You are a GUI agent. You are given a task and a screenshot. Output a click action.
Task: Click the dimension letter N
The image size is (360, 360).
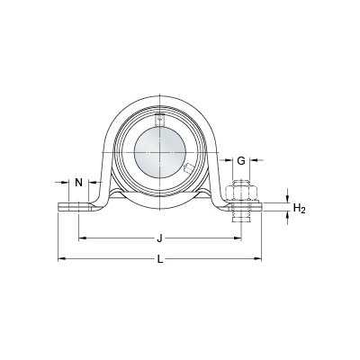coord(78,182)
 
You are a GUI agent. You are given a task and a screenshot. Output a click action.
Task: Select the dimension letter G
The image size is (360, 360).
coord(241,161)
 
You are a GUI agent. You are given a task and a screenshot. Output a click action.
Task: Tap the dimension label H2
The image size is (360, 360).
coord(299,208)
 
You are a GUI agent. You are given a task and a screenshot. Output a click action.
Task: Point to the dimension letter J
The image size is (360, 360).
coord(160,238)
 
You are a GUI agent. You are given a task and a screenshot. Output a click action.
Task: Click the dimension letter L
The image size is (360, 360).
coord(160,259)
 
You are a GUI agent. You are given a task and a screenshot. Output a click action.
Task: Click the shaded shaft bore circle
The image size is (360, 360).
coord(160,152)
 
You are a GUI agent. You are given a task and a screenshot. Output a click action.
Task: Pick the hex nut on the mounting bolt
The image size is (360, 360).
coord(241,193)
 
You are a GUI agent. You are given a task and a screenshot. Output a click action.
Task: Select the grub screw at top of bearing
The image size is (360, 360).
coord(160,120)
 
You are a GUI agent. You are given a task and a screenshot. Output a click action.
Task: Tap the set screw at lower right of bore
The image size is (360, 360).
coord(189,168)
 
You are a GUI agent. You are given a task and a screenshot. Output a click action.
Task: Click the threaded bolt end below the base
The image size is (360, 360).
coord(241,217)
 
